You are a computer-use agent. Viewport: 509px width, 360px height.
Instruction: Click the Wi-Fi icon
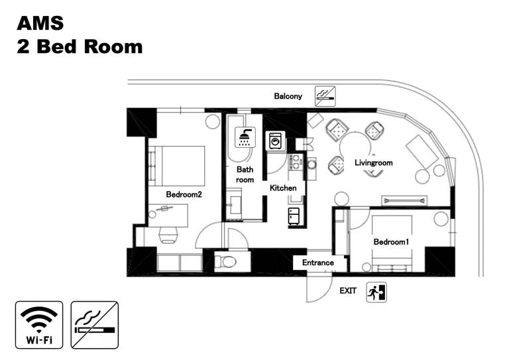click(39, 325)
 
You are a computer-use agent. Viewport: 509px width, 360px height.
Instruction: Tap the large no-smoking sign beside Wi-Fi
click(95, 325)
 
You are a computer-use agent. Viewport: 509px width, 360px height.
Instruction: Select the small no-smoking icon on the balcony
click(325, 96)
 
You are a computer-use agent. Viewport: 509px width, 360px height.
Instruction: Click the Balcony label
click(288, 96)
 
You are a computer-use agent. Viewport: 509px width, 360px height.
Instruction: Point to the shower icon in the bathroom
click(245, 137)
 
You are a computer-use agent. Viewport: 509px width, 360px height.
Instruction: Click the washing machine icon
click(276, 141)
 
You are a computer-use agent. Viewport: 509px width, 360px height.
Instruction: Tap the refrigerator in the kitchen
click(294, 216)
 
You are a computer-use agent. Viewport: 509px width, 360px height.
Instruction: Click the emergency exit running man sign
click(376, 292)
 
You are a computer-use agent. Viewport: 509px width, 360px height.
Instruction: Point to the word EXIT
click(348, 291)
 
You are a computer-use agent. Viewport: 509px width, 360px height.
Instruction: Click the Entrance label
click(318, 263)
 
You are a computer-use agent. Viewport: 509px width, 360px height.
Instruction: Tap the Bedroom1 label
click(391, 242)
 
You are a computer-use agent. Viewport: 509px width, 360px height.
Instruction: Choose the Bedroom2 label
click(184, 194)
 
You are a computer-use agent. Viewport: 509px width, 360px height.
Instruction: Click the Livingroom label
click(374, 162)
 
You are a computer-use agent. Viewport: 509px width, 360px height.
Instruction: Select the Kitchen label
click(283, 188)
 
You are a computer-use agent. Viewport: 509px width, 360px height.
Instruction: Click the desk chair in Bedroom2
click(168, 235)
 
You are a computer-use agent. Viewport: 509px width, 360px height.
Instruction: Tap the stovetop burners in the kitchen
click(296, 162)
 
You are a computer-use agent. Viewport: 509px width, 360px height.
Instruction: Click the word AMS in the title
click(40, 23)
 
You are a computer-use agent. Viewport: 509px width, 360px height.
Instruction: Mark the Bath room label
click(245, 174)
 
